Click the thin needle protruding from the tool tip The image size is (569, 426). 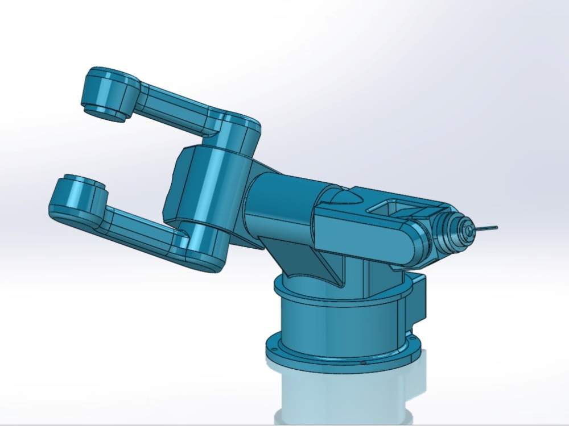click(487, 228)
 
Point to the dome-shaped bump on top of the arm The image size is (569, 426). click(343, 197)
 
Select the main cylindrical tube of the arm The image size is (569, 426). click(284, 204)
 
